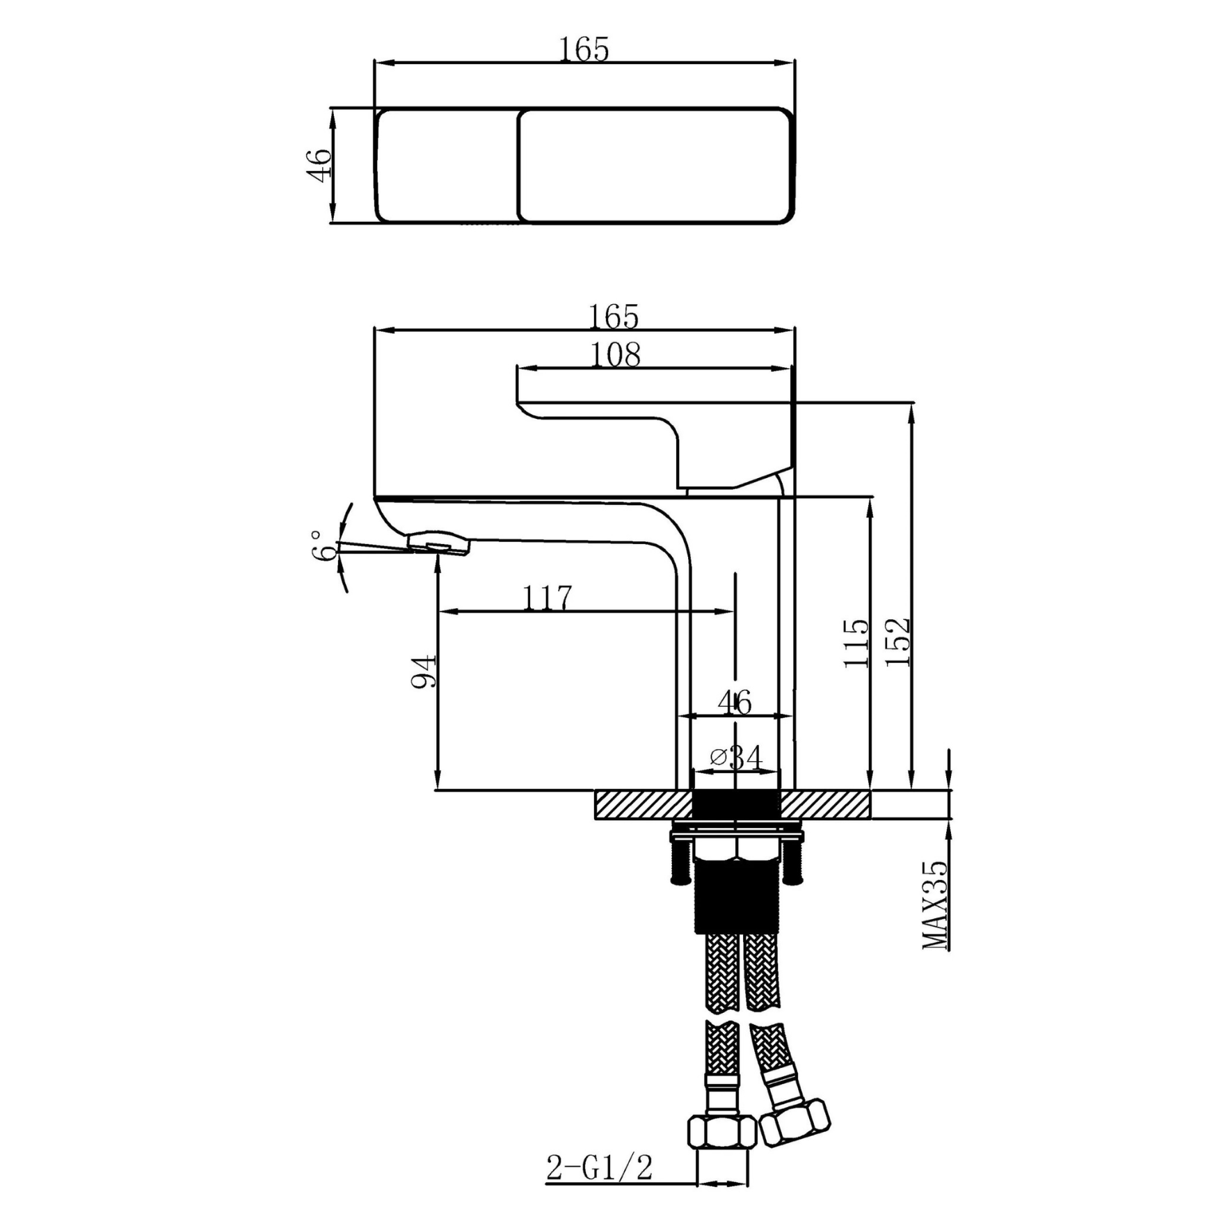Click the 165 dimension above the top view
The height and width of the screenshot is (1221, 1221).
pyautogui.click(x=584, y=49)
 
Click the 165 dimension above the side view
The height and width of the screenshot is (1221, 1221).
pyautogui.click(x=614, y=317)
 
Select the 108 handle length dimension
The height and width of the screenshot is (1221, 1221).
pyautogui.click(x=615, y=355)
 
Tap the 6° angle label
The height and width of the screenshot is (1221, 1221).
pyautogui.click(x=324, y=545)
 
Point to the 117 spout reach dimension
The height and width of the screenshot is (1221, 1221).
pyautogui.click(x=548, y=598)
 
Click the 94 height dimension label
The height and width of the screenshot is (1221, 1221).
pyautogui.click(x=423, y=671)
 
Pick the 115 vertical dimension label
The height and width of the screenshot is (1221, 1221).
pyautogui.click(x=856, y=643)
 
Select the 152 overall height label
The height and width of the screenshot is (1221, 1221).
pyautogui.click(x=897, y=642)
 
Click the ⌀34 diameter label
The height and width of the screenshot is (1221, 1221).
pyautogui.click(x=736, y=756)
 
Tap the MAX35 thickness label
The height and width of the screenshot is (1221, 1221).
pyautogui.click(x=934, y=904)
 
